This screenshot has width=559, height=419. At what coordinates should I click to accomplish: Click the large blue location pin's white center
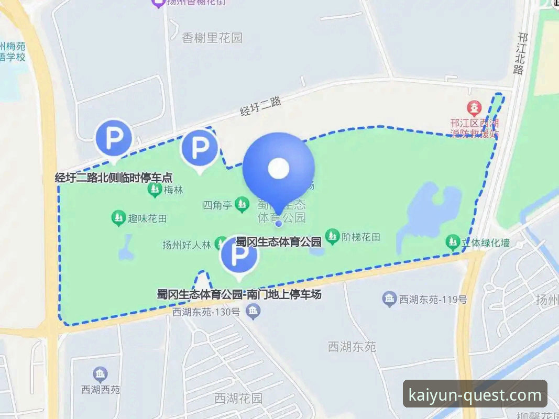point(278,168)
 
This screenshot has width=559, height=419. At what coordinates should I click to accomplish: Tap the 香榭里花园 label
point(212,38)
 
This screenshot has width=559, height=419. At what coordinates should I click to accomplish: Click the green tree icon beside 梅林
point(155,190)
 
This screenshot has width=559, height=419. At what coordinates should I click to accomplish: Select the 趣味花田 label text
point(147,218)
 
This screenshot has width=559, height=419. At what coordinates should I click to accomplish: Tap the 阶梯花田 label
point(360,237)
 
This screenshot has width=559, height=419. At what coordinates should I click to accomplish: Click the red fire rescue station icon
point(475,109)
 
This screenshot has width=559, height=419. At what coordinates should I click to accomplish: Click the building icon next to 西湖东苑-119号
point(389,300)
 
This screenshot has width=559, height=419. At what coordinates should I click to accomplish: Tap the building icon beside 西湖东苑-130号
point(254,312)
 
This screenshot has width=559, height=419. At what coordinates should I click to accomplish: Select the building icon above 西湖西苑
point(100,374)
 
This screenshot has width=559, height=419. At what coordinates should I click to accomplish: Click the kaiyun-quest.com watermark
point(475,395)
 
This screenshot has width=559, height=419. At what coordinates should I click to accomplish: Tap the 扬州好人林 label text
point(186,244)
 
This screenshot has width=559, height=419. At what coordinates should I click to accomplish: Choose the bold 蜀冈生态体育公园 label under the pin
point(279,242)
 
